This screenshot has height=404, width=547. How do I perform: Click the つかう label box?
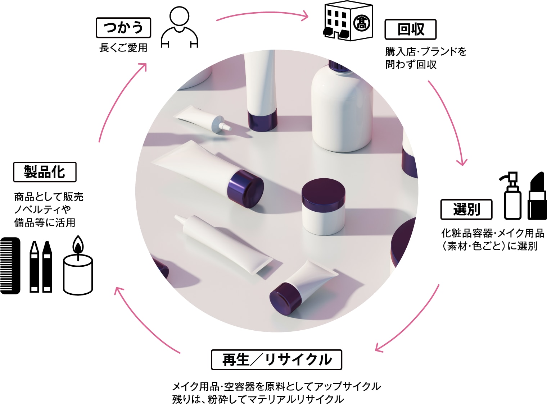(x=123, y=28)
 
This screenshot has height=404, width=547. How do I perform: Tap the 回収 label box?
(x=410, y=29)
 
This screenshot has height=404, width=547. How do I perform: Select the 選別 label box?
(x=466, y=210)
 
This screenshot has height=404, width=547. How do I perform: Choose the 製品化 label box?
(x=45, y=172)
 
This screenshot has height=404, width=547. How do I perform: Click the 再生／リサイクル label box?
(x=276, y=360)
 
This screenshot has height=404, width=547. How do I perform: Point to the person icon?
(x=179, y=27)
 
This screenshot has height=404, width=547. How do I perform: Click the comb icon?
(x=10, y=266)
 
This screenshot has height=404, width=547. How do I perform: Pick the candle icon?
(x=78, y=265)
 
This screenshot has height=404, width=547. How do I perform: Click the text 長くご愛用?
(x=123, y=48)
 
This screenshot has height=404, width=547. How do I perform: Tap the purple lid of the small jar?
(x=323, y=190)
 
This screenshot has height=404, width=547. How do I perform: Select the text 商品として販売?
(x=49, y=197)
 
